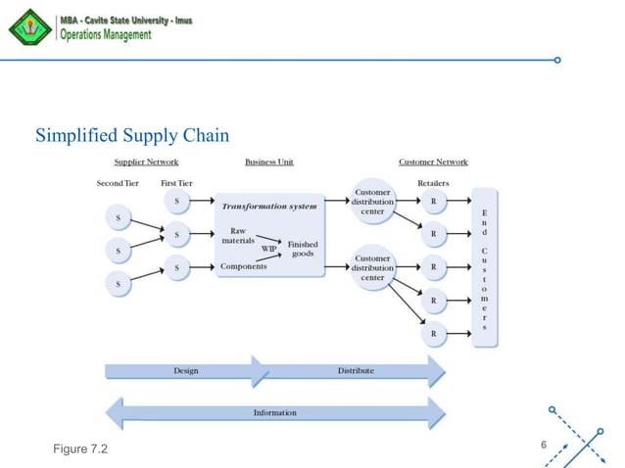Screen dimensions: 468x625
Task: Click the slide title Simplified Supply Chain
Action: [131, 134]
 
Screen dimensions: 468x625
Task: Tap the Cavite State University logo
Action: [28, 27]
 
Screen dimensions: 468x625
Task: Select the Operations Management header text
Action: [107, 35]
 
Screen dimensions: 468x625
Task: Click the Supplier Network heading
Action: [146, 162]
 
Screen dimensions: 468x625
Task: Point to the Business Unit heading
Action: [268, 162]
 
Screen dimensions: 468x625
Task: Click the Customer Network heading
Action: [433, 162]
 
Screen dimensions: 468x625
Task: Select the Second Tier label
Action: [119, 183]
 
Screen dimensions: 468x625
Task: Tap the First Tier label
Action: [176, 183]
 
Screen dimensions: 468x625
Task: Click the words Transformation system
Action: [268, 207]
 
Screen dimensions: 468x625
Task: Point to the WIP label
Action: [268, 248]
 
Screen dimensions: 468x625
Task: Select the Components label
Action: [244, 266]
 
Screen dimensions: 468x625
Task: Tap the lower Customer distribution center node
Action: [373, 267]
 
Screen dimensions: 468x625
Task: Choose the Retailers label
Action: [433, 183]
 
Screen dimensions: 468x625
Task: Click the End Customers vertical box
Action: [484, 267]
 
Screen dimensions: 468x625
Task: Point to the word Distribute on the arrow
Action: [355, 371]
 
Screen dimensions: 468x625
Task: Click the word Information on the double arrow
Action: [274, 412]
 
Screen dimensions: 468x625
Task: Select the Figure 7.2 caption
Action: [81, 448]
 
